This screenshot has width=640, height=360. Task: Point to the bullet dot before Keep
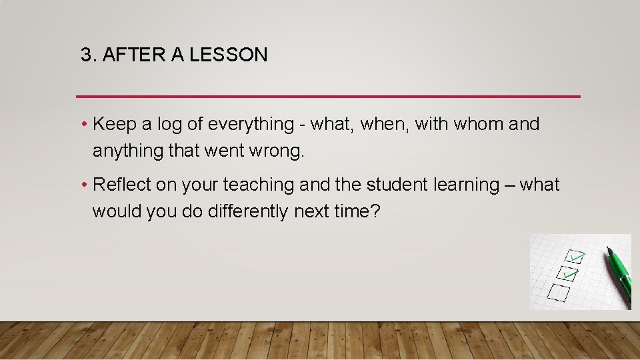[x=85, y=125]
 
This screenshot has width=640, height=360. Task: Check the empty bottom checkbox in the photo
[x=557, y=292]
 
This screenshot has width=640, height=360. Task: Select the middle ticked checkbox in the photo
[x=566, y=273]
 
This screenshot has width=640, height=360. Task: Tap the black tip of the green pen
[x=609, y=250]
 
